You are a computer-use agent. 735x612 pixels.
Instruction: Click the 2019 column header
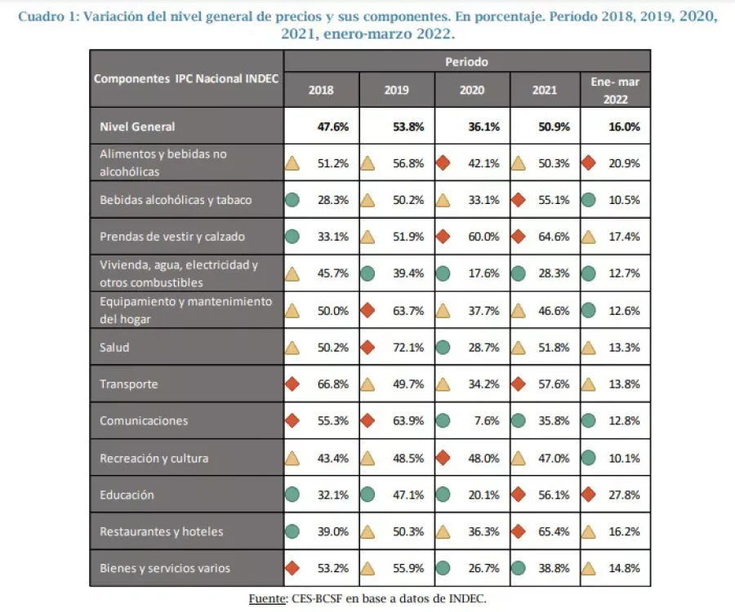[x=397, y=91]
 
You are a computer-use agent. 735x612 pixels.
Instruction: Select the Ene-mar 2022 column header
[x=615, y=91]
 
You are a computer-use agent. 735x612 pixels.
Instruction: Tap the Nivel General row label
[x=137, y=126]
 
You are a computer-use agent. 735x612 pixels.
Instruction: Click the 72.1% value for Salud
[x=409, y=348]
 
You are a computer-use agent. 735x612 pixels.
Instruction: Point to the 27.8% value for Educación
[x=625, y=494]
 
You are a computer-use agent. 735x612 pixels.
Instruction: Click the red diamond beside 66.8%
[x=292, y=384]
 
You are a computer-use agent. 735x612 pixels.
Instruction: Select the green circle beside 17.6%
[x=443, y=274]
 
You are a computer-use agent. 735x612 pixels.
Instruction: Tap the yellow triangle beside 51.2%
[x=292, y=163]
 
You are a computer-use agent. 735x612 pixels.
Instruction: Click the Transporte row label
[x=129, y=384]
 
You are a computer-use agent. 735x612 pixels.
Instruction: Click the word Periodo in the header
[x=467, y=61]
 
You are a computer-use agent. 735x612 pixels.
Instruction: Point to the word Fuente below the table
[x=267, y=598]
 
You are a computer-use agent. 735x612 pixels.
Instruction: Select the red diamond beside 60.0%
[x=443, y=237]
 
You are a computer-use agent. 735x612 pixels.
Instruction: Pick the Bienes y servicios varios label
[x=165, y=569]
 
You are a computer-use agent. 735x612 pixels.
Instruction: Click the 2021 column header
[x=546, y=91]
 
